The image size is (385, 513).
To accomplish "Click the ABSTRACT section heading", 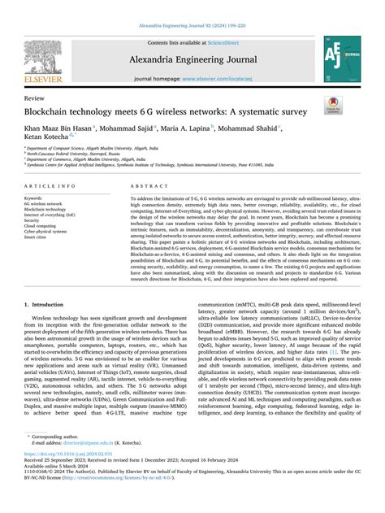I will pos(144,186).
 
